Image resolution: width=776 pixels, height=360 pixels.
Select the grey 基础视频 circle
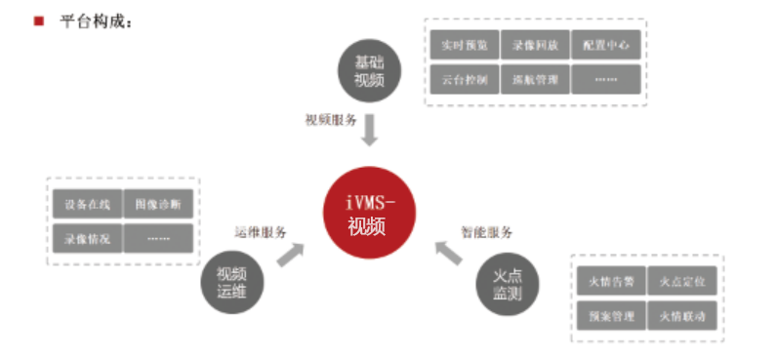click(x=369, y=69)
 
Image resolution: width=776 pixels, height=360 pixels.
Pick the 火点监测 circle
click(x=508, y=282)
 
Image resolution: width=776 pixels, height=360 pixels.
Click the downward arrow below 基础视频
click(x=369, y=128)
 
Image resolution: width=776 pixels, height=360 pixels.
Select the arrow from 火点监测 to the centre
click(x=447, y=252)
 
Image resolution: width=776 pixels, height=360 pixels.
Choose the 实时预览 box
click(x=463, y=45)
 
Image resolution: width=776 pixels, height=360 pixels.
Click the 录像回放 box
click(x=535, y=45)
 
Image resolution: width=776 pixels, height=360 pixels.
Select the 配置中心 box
click(x=606, y=45)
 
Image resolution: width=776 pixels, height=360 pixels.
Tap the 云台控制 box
click(x=463, y=79)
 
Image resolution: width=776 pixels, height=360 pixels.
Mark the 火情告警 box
click(x=611, y=282)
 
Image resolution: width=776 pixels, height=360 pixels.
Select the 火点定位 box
click(x=682, y=282)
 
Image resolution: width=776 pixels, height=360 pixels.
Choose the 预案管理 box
click(x=611, y=316)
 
